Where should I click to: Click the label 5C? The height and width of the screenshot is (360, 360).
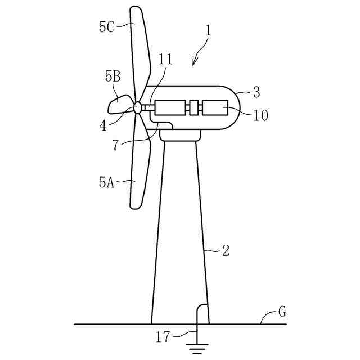pos(107,27)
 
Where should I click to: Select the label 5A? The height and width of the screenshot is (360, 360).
pos(107,182)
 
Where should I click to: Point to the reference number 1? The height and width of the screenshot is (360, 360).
pos(209,31)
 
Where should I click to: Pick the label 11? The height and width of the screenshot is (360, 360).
pos(166,59)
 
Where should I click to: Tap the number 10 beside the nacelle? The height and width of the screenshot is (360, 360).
pos(260,115)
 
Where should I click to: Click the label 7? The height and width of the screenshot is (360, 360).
pos(115,145)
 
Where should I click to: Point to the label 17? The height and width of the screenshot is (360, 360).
pos(162,337)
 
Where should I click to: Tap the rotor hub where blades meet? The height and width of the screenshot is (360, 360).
pos(137,107)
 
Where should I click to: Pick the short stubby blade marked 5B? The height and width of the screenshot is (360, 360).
pos(119,104)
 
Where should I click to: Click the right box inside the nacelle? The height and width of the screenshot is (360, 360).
pos(215,107)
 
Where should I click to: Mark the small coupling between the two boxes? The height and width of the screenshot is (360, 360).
pos(194,107)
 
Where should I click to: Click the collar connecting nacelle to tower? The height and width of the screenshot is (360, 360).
pos(180,135)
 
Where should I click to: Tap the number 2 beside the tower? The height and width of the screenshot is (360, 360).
pos(226,250)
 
